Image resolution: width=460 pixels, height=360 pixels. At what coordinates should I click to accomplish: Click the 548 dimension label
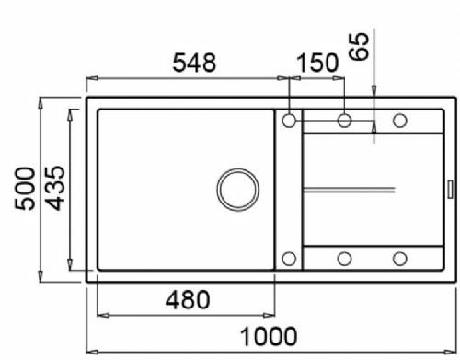click(194, 63)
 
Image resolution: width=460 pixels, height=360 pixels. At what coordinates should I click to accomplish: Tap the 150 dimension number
click(317, 63)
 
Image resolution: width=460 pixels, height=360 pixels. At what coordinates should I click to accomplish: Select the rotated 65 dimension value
click(359, 46)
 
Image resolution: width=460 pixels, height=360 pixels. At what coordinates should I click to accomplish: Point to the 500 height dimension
click(25, 189)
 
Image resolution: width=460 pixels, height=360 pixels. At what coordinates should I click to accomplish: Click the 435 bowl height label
click(55, 188)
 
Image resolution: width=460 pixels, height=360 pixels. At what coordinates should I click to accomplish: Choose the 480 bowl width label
click(188, 300)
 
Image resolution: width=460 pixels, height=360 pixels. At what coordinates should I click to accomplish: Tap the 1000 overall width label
click(269, 336)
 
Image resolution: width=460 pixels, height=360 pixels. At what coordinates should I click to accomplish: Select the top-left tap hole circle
click(289, 121)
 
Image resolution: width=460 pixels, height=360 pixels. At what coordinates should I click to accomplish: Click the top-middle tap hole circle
click(344, 121)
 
